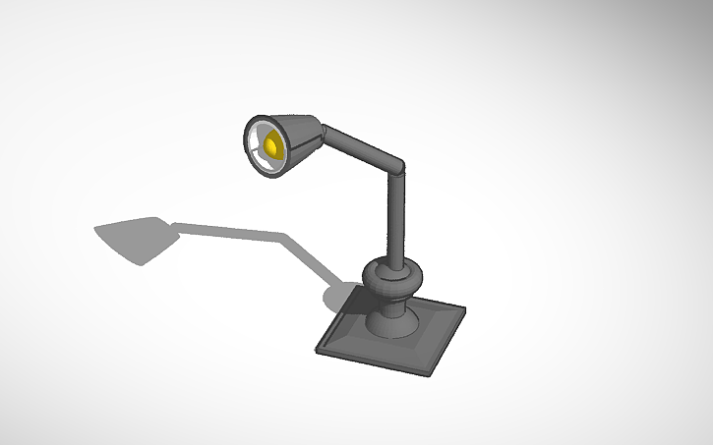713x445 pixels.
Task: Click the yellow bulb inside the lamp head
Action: pyautogui.click(x=270, y=147)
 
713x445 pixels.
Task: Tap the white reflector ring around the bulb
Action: pyautogui.click(x=259, y=138)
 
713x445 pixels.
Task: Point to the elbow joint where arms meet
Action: pyautogui.click(x=396, y=168)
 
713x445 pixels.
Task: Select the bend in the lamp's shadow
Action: pyautogui.click(x=285, y=236)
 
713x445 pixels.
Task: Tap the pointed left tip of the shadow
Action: pyautogui.click(x=96, y=231)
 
